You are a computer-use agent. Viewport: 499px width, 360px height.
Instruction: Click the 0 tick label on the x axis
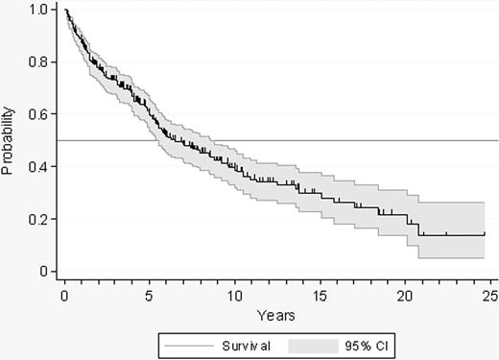65,296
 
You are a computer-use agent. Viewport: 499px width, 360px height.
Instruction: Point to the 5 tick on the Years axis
151,296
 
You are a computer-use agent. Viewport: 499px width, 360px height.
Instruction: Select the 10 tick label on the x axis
235,296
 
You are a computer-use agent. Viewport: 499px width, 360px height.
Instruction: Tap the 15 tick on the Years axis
321,296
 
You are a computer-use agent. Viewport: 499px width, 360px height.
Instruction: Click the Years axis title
275,315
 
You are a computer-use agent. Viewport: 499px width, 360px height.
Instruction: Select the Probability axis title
9,141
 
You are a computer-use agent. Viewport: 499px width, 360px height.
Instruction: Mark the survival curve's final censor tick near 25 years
485,232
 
